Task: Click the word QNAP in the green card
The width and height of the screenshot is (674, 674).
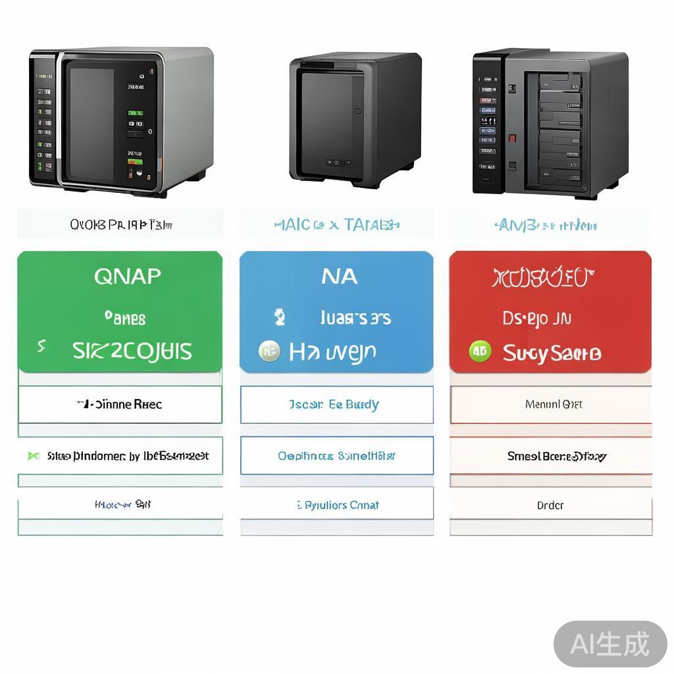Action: point(127,276)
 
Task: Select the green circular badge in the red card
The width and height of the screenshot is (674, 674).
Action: point(480,351)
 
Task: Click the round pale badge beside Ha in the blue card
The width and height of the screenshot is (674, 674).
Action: point(269,351)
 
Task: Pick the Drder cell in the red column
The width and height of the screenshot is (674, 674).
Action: point(550,505)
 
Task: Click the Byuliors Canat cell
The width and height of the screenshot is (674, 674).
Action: point(337,505)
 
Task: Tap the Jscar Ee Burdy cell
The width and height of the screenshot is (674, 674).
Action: point(337,404)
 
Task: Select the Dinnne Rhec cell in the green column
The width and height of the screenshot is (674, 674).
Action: point(120,404)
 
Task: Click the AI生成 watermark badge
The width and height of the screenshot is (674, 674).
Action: point(609,644)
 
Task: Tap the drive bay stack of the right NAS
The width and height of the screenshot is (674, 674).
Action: point(560,128)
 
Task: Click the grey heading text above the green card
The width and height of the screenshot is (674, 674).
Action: point(120,224)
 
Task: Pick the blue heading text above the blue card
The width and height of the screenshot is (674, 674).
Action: point(336,224)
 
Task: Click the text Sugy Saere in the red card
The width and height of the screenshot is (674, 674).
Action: point(552,353)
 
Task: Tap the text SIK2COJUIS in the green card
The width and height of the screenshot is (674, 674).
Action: point(132,351)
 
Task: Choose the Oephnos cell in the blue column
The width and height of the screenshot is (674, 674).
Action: point(336,455)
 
